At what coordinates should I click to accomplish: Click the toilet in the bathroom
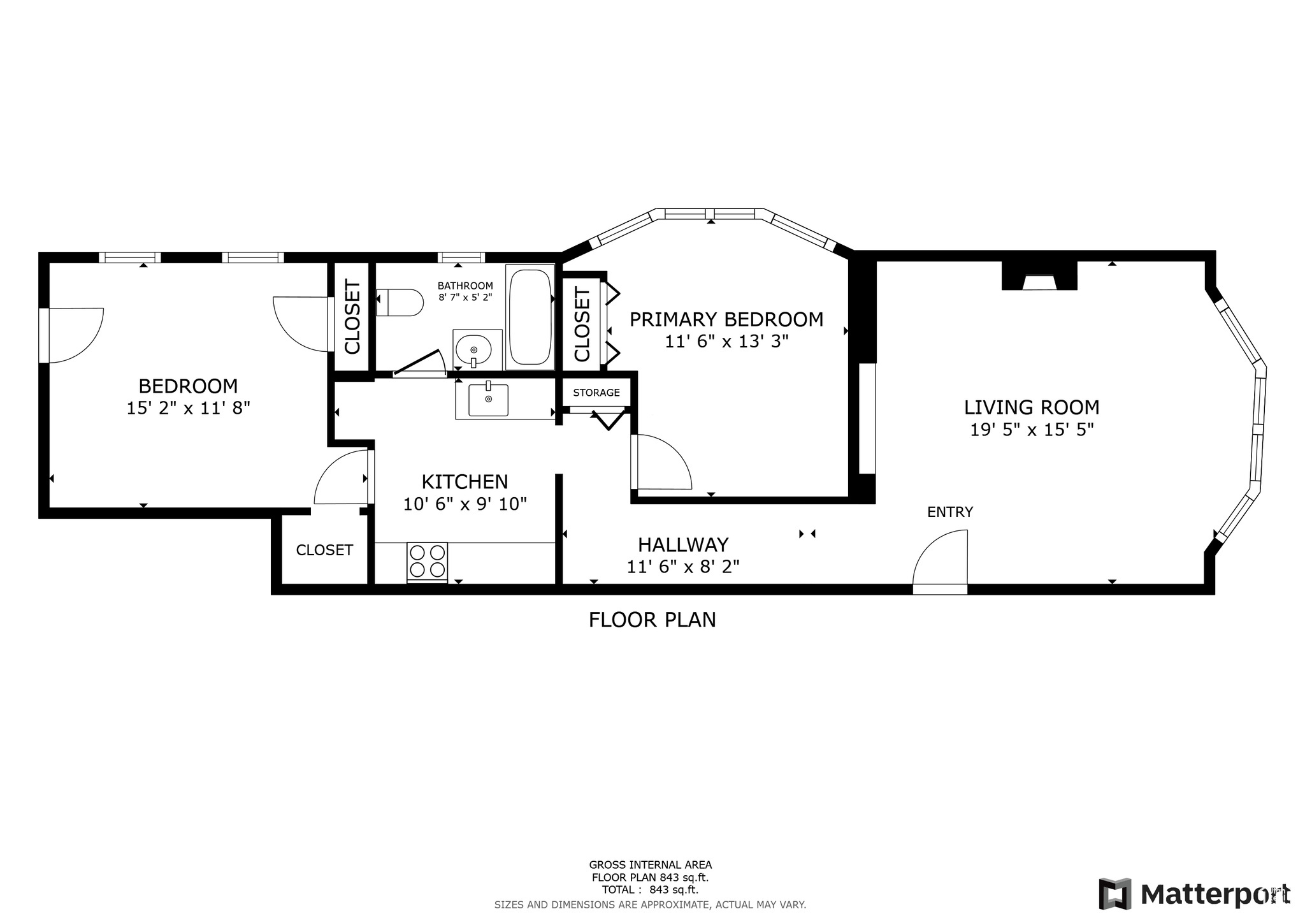pyautogui.click(x=401, y=302)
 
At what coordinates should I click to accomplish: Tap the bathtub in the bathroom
pyautogui.click(x=530, y=317)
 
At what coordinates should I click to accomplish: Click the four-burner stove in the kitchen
pyautogui.click(x=427, y=561)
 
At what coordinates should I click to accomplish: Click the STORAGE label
pyautogui.click(x=596, y=393)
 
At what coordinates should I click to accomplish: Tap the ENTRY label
pyautogui.click(x=949, y=512)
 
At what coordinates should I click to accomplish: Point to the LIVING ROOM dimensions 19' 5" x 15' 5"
pyautogui.click(x=1031, y=430)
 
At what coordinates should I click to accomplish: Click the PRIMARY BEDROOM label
pyautogui.click(x=726, y=319)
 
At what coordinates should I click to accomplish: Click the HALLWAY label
pyautogui.click(x=682, y=545)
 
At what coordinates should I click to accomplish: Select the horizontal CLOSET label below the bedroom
pyautogui.click(x=324, y=550)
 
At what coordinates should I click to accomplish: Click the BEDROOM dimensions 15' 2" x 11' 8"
pyautogui.click(x=188, y=409)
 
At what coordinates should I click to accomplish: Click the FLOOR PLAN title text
pyautogui.click(x=652, y=620)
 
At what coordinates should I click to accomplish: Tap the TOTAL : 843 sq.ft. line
pyautogui.click(x=650, y=890)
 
